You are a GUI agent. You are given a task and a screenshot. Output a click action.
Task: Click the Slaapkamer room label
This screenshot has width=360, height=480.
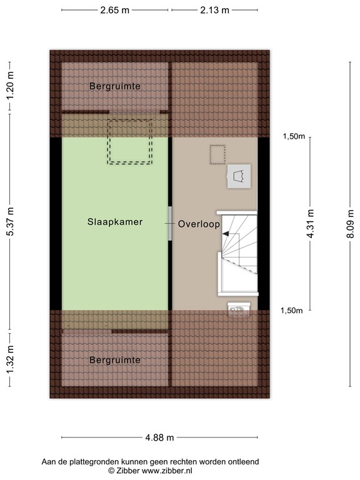tap(115, 222)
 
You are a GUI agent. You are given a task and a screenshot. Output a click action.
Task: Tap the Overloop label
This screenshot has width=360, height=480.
tap(199, 224)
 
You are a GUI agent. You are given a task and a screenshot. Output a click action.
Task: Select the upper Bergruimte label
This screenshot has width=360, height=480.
tap(115, 86)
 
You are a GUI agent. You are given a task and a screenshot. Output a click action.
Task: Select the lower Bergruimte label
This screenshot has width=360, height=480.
tap(115, 360)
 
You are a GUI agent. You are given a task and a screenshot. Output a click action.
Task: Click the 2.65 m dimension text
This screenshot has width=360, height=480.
tap(115, 10)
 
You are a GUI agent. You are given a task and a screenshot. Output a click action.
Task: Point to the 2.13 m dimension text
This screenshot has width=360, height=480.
tap(214, 10)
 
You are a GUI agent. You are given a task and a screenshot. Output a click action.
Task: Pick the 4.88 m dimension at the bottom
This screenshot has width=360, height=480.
tap(159, 437)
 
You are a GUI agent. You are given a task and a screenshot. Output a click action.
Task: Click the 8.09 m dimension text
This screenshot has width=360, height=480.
tap(351, 224)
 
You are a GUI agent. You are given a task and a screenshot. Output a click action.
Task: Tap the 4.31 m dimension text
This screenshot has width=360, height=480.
tap(310, 224)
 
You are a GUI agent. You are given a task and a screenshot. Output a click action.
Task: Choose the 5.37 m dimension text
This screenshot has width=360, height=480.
tap(10, 221)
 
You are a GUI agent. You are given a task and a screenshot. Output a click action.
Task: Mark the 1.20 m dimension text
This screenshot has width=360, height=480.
tap(10, 86)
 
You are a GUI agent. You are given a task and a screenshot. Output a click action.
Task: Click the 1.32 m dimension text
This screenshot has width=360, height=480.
tap(10, 359)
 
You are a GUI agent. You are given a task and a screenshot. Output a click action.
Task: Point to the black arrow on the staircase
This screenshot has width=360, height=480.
tap(226, 234)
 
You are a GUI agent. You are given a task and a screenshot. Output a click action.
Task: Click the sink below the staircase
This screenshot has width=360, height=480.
tap(239, 309)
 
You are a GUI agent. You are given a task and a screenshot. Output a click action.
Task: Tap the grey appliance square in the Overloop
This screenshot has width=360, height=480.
tap(239, 176)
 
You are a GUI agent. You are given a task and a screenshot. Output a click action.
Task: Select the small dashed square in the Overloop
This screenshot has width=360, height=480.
tap(217, 154)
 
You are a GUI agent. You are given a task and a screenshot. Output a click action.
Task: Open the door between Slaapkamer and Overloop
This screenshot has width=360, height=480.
tap(170, 224)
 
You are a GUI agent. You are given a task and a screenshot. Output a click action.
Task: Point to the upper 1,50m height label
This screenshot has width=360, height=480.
tap(294, 136)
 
